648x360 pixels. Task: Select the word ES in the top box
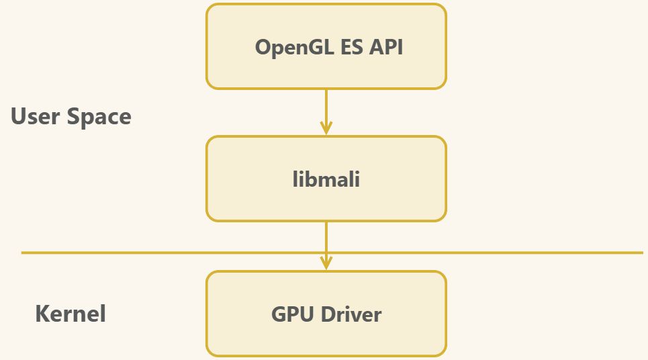click(x=345, y=47)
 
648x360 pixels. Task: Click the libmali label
click(x=326, y=179)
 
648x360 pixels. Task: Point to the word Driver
click(x=351, y=314)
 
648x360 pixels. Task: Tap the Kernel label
click(x=71, y=314)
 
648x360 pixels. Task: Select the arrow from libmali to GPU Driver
click(x=326, y=238)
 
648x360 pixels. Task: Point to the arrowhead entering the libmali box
click(x=326, y=128)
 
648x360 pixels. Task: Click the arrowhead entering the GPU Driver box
click(x=326, y=263)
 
